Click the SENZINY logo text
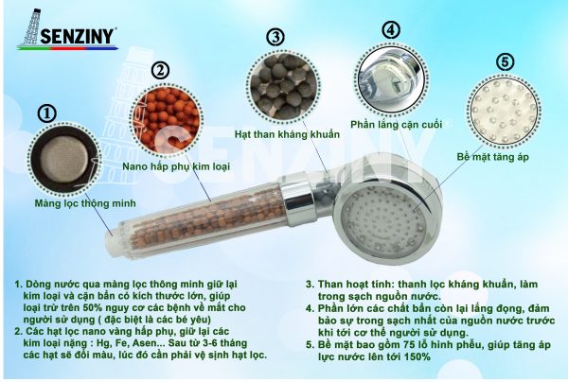[78, 36]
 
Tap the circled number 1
[47, 114]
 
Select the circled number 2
[161, 71]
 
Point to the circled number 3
[275, 37]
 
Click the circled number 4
[391, 29]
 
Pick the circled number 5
[505, 62]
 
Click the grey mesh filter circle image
[64, 159]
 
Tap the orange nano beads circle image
[167, 118]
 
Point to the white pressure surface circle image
[504, 111]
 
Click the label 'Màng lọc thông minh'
[85, 203]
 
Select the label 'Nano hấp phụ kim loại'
[176, 166]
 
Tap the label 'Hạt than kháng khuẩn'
[287, 134]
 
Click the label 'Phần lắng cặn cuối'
[397, 125]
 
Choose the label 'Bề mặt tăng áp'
[492, 157]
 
